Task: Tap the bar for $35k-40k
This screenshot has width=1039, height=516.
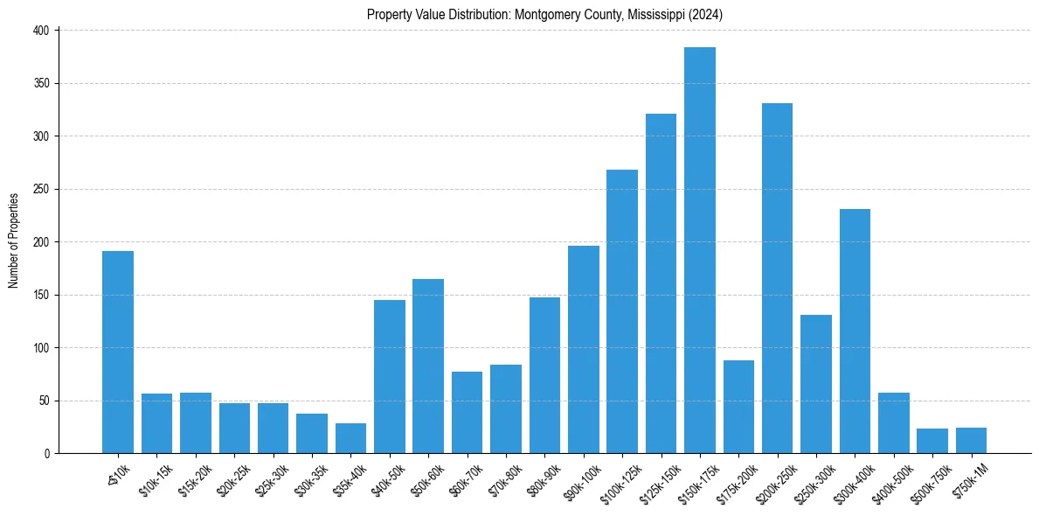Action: point(350,438)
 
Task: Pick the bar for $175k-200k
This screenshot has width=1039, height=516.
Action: point(738,407)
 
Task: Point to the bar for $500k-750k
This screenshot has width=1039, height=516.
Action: point(932,441)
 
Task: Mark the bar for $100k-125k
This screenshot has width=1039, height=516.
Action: point(622,311)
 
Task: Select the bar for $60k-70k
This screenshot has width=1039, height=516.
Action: point(467,412)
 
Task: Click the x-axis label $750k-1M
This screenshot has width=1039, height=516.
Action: point(967,480)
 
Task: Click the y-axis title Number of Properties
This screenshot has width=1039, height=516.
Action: point(14,241)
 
